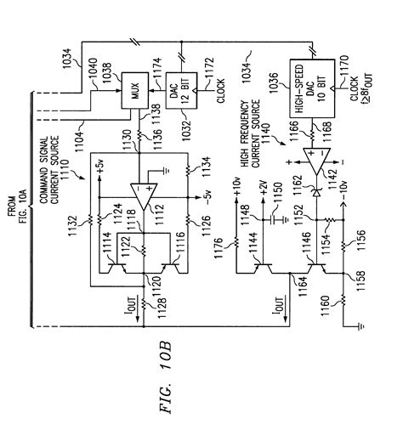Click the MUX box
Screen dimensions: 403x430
coord(135,90)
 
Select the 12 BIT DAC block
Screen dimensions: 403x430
coord(181,91)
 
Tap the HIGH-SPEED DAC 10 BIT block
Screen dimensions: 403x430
coord(312,88)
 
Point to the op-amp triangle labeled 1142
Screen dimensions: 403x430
coord(316,161)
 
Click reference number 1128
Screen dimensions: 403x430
coord(162,308)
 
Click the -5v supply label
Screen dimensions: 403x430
coord(207,197)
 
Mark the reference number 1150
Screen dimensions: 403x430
coord(278,193)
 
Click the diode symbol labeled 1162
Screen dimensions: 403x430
coord(316,193)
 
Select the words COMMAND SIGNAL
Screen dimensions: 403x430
coord(43,170)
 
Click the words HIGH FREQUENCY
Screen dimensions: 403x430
coord(244,133)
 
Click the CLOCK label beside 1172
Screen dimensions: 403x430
coord(220,91)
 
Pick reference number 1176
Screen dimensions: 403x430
coord(219,249)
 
